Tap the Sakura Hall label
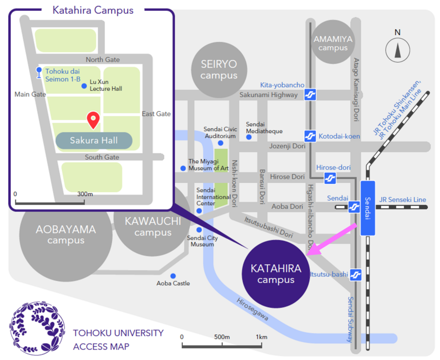click(x=94, y=141)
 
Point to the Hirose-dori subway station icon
click(x=330, y=177)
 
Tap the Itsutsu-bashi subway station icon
click(x=355, y=274)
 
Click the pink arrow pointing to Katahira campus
click(x=333, y=240)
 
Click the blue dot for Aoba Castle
click(x=173, y=276)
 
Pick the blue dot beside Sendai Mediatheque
click(x=248, y=137)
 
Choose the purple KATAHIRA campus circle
click(x=276, y=274)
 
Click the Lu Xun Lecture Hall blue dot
click(x=84, y=86)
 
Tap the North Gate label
click(x=103, y=59)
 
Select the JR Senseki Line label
click(x=403, y=200)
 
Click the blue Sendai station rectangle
click(x=367, y=208)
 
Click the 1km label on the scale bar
click(x=262, y=336)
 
